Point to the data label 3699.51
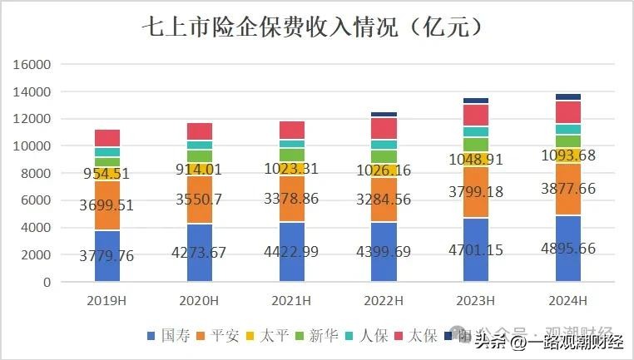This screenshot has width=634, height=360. tap(107, 205)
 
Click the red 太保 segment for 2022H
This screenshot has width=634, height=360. tap(384, 128)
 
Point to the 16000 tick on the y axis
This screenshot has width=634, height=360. tap(33, 65)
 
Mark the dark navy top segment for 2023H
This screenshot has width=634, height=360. tap(476, 101)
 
